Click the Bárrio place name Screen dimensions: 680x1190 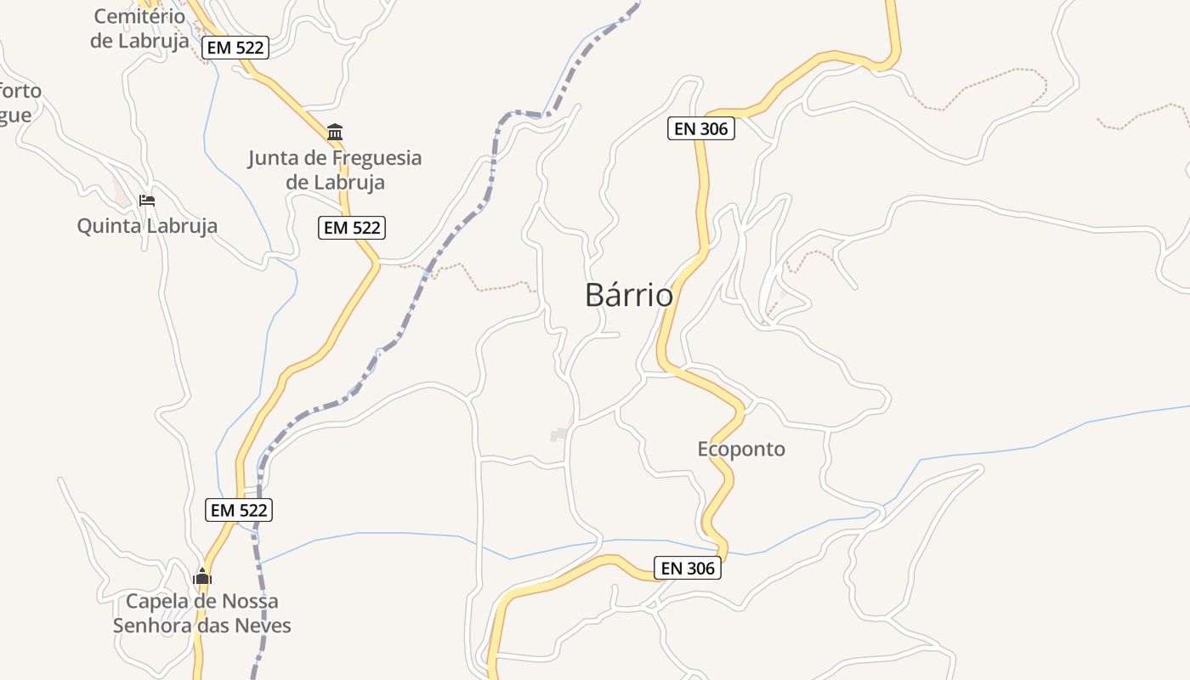click(x=629, y=295)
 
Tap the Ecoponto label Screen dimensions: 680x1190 click(x=741, y=449)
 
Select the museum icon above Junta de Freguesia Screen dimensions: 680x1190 click(x=335, y=133)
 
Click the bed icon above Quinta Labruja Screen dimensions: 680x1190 click(x=147, y=201)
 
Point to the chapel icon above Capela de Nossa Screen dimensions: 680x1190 click(x=202, y=576)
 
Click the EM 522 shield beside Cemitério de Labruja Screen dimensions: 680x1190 click(x=236, y=48)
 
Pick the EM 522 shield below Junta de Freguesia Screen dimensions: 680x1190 click(x=352, y=228)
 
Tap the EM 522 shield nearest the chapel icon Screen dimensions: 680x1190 click(x=240, y=510)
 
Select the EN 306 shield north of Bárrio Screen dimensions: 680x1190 click(x=700, y=128)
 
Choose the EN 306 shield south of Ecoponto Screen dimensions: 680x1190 click(x=688, y=568)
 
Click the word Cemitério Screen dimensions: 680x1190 click(x=139, y=16)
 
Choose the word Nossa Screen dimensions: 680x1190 click(x=249, y=602)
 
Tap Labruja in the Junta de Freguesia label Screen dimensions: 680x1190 click(x=347, y=182)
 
